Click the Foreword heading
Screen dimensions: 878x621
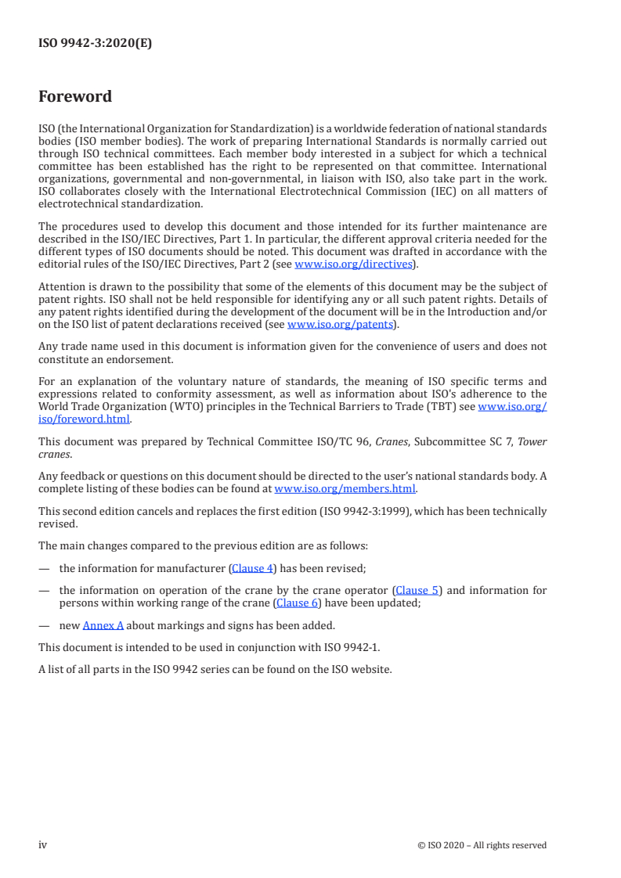pos(75,97)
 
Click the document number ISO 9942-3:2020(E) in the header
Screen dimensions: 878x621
pos(95,44)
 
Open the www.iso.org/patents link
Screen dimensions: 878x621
pos(341,324)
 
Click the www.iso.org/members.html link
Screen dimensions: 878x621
pos(345,488)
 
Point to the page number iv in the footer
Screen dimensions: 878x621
pos(43,844)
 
